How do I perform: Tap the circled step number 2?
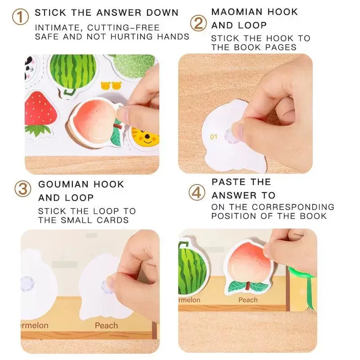198,22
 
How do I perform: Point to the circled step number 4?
196,193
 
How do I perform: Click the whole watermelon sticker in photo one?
72,72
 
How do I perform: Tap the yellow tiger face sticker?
145,137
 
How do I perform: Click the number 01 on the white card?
214,136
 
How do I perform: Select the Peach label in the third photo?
106,325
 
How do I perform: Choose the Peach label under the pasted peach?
248,300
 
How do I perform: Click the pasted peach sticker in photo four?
248,265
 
